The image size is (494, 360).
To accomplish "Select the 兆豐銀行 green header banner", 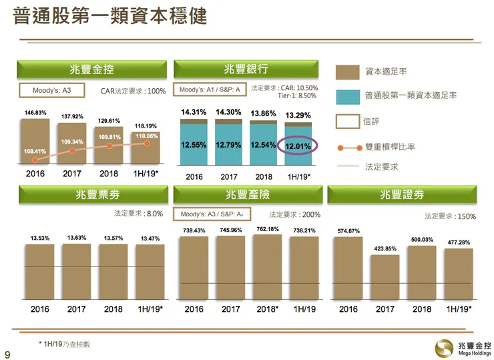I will [246, 69].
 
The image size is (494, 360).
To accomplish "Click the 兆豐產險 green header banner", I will [246, 195].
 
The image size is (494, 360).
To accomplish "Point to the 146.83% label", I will [36, 113].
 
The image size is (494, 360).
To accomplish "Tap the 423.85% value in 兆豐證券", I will [385, 249].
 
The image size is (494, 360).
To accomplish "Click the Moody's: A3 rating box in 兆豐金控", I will [51, 89].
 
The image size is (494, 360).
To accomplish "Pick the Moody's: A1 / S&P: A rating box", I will [209, 89].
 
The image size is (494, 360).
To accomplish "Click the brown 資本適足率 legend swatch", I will [347, 71].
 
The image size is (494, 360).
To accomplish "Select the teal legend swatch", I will [347, 96].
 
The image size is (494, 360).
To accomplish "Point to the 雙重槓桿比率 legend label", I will [390, 146].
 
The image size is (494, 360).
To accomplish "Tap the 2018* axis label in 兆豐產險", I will [268, 310].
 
